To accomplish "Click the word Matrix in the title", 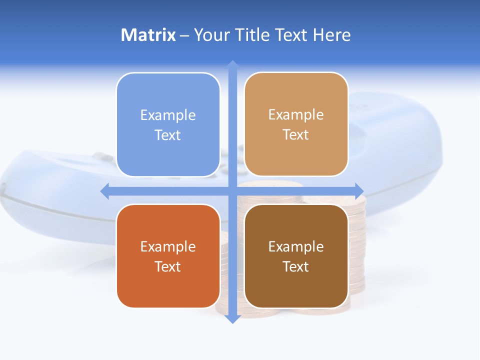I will (148, 35).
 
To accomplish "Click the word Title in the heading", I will (254, 35).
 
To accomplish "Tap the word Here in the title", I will (331, 35).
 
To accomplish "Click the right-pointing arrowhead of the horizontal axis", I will (359, 191).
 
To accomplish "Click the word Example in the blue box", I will (168, 115).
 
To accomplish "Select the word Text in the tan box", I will (296, 135).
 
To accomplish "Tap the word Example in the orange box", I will (168, 246).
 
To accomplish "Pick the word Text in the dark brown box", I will (296, 266).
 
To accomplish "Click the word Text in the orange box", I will (168, 266).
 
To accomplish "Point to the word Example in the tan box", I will (296, 115).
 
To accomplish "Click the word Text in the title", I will (292, 35).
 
